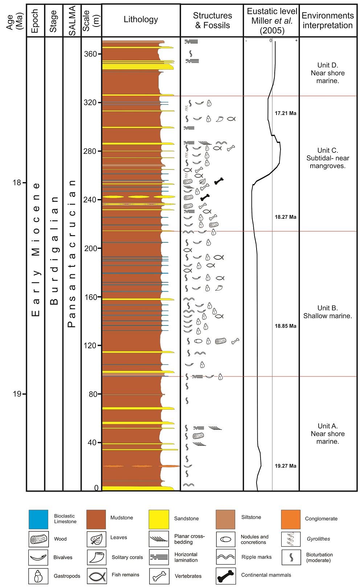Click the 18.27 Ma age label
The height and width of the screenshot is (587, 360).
point(285,217)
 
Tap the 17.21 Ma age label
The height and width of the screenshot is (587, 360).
point(285,113)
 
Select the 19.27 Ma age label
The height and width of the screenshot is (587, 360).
point(285,466)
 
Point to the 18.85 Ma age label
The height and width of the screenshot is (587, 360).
point(285,326)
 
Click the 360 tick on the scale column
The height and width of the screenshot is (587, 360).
point(90,54)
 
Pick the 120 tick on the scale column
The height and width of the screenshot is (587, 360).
point(90,345)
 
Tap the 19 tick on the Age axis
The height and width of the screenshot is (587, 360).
point(17,394)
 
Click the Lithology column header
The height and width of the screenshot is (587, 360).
point(141,20)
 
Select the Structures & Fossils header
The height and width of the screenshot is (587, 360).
point(212,20)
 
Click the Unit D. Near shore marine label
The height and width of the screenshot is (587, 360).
point(327,73)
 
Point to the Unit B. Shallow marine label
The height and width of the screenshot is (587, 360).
point(327,312)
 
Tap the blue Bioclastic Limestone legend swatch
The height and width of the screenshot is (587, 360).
point(38,519)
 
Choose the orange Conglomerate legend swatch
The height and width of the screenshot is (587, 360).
point(290,519)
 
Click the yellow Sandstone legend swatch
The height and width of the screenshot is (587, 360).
point(159,519)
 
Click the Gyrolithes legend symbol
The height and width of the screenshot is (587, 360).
point(291,539)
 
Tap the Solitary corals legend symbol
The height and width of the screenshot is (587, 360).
point(97,557)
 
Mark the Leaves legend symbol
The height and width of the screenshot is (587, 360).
point(97,539)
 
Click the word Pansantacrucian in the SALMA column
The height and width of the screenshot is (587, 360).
point(72,254)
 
